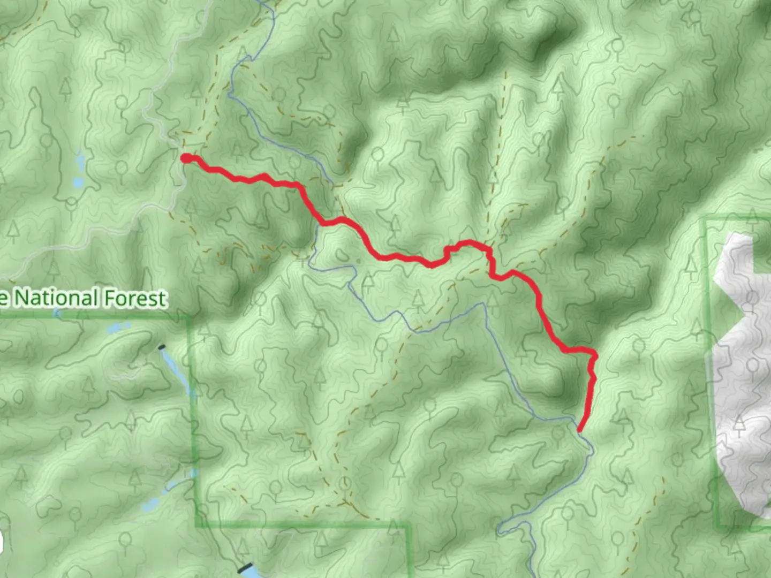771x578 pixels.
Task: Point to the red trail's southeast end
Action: point(580,429)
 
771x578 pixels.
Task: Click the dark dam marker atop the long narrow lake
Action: point(162,347)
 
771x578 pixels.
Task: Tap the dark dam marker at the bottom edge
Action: point(246,567)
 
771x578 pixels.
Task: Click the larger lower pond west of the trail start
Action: point(78,182)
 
